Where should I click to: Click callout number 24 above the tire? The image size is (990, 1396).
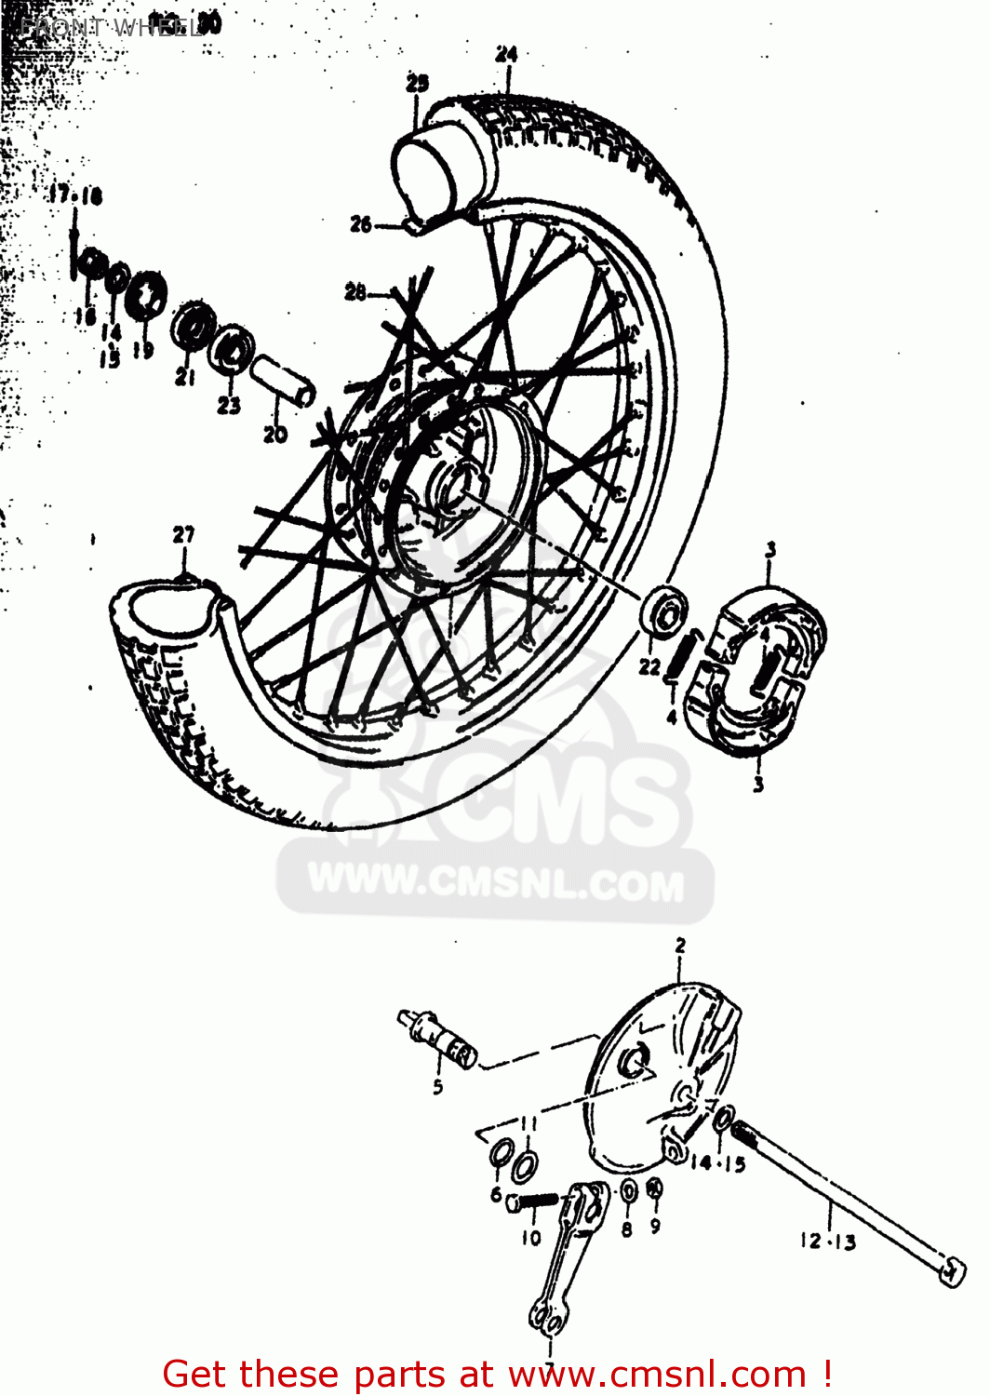click(x=506, y=54)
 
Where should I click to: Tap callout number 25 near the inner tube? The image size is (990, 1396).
click(x=418, y=83)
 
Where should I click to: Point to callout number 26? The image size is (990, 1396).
click(x=361, y=223)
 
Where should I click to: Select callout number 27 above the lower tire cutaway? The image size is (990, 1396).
click(x=184, y=534)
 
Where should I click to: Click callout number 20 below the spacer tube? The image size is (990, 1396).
click(x=275, y=434)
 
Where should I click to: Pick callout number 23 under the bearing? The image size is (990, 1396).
click(x=229, y=405)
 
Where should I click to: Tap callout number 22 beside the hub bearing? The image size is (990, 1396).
click(x=649, y=666)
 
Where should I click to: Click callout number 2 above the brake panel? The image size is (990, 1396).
click(x=680, y=946)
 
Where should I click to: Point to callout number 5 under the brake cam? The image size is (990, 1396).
click(x=437, y=1086)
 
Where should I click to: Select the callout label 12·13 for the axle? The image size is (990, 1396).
click(x=827, y=1241)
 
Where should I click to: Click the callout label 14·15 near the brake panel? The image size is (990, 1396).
click(x=717, y=1162)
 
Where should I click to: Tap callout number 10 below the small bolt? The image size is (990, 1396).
click(x=530, y=1238)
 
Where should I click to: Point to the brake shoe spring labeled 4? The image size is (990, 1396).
click(x=683, y=655)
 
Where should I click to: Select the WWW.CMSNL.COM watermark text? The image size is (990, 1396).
click(x=495, y=882)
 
